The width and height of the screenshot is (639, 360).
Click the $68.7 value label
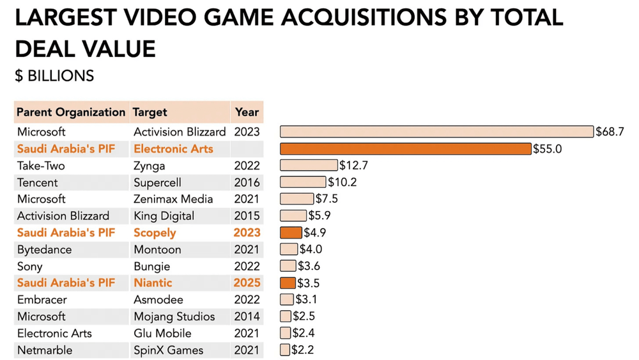coord(609,132)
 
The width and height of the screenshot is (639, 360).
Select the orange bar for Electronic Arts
coord(406,148)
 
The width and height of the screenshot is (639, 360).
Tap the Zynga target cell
coord(149,166)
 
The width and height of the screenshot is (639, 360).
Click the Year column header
coord(247,112)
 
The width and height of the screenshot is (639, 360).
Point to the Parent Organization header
coord(71,112)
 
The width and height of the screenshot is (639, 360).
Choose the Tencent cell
coord(38,182)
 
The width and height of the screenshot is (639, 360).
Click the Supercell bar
coord(302,182)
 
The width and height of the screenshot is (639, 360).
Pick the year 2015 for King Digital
coord(247,215)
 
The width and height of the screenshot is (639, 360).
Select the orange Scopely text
coord(155,233)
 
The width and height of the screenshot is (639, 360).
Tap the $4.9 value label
coord(314,233)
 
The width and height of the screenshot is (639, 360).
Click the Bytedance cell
coord(44,249)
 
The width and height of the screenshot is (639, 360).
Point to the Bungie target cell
coord(152,266)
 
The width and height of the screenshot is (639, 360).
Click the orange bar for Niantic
coord(288,283)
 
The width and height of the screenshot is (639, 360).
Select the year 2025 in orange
coord(247,283)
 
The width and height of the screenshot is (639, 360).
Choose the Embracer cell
coord(42,299)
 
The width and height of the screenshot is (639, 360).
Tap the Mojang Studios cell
coord(174,317)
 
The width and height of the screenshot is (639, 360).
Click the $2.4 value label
coord(303,333)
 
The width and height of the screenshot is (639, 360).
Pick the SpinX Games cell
coord(168,350)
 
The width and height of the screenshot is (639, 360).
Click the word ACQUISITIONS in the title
coord(350,18)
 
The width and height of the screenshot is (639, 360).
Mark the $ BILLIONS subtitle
coord(54,75)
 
